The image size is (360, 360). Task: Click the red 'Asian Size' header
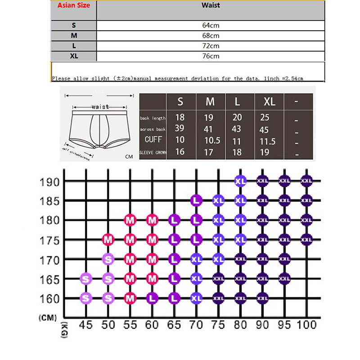tap(73, 5)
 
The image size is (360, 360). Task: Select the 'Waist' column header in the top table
tap(211, 5)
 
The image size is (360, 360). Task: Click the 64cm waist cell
tap(211, 25)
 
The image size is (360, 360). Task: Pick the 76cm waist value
tap(211, 56)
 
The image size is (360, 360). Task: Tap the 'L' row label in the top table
tap(73, 46)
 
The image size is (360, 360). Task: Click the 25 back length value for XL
tap(265, 117)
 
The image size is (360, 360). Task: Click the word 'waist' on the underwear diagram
tap(100, 107)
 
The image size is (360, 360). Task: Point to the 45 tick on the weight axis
tap(86, 324)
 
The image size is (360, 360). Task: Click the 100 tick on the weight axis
tap(306, 324)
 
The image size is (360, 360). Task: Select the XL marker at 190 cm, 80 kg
tap(240, 180)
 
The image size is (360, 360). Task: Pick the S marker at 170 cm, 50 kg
tap(108, 259)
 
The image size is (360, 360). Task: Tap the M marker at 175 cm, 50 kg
tap(108, 239)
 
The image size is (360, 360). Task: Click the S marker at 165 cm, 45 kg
tap(86, 279)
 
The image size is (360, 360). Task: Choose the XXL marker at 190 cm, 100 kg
tap(306, 180)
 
